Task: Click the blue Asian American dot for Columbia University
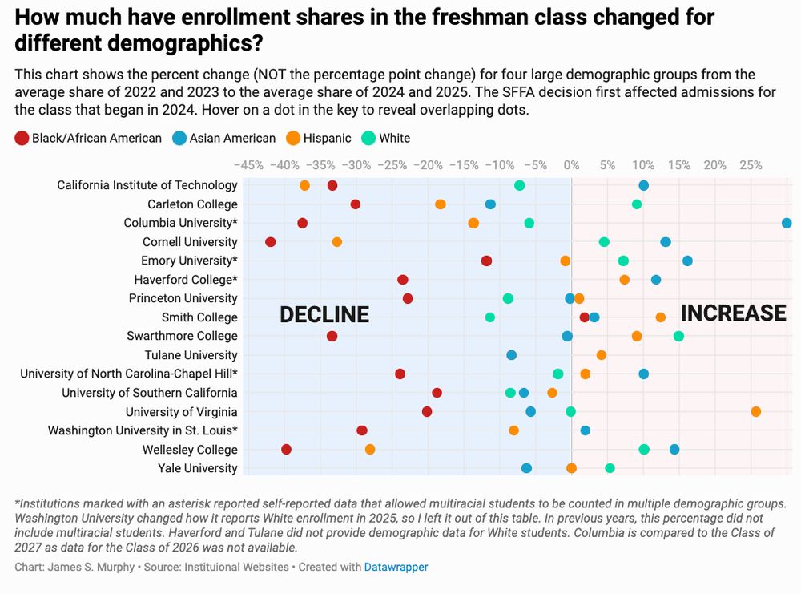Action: [x=787, y=223]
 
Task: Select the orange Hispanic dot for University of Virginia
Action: [x=756, y=411]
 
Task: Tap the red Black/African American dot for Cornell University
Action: [x=271, y=242]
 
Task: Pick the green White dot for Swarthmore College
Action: [x=679, y=336]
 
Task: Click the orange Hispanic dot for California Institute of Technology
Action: [x=304, y=185]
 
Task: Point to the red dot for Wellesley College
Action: [x=286, y=449]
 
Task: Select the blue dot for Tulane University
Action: [x=511, y=355]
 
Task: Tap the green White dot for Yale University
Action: [x=610, y=468]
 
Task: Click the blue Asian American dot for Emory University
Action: [x=687, y=261]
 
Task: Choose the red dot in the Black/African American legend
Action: [x=22, y=139]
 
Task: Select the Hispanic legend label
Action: [x=327, y=139]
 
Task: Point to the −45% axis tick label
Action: [x=248, y=165]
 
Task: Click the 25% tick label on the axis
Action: [x=751, y=165]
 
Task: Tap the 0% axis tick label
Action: [x=571, y=165]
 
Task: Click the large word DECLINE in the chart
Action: [x=324, y=315]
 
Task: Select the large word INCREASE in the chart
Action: [x=733, y=313]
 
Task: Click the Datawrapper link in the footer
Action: [x=396, y=567]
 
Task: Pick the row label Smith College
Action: [x=199, y=317]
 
